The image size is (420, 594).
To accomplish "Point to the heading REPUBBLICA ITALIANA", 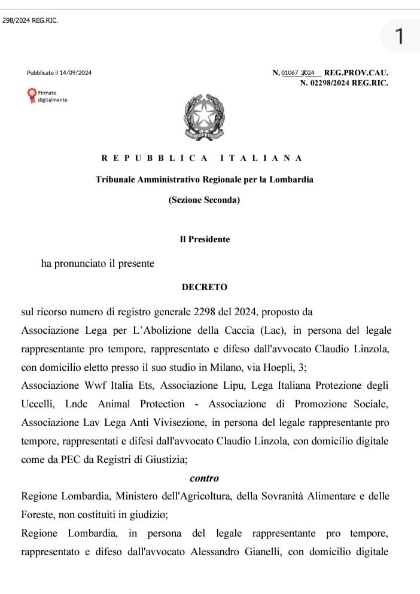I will click(202, 158).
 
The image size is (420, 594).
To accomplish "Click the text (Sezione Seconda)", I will click(204, 200).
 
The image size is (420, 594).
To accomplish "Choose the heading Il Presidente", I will click(205, 239).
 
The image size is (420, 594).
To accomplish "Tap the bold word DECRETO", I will click(205, 287).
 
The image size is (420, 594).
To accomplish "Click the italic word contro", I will click(205, 479).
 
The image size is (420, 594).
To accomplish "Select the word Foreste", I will click(37, 514).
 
